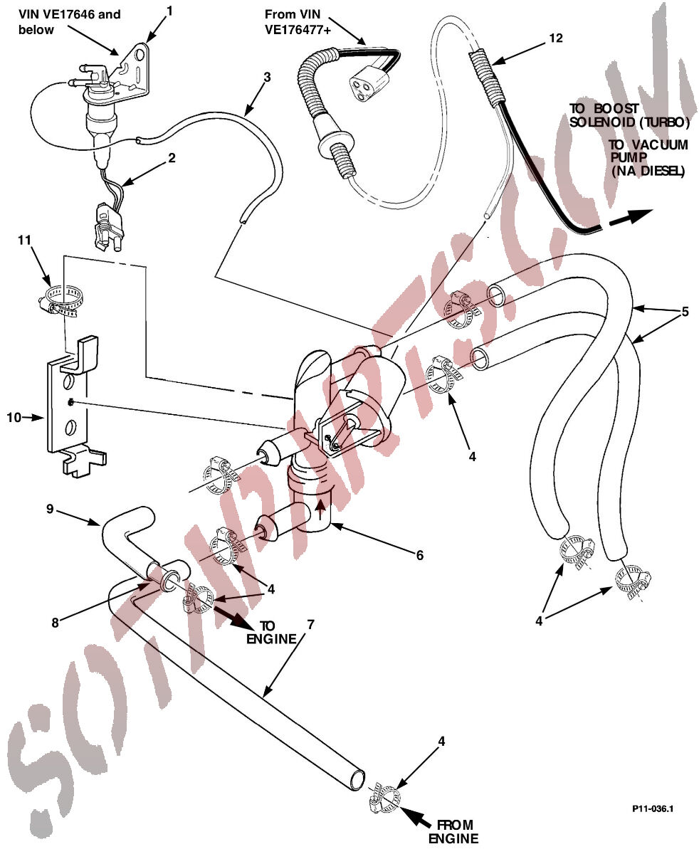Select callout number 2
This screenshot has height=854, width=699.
click(x=172, y=158)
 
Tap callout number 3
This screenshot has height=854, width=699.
click(x=267, y=78)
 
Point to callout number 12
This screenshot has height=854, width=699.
click(x=556, y=38)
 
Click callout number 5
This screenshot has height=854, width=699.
click(x=685, y=311)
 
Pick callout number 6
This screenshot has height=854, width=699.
click(x=420, y=554)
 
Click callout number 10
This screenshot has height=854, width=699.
click(x=14, y=418)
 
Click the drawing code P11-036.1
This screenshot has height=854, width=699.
click(x=653, y=809)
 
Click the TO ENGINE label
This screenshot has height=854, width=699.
click(x=270, y=632)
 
